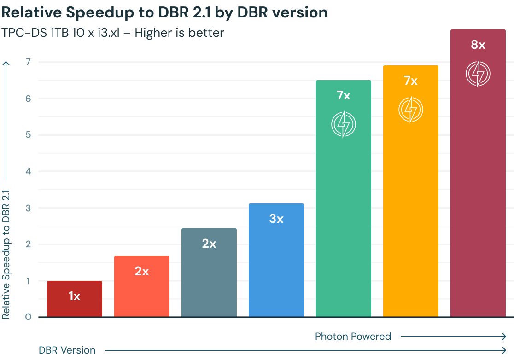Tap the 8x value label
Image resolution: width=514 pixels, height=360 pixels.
(478, 45)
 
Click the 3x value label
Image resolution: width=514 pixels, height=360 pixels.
(276, 219)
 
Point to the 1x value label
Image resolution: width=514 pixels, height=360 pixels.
(75, 296)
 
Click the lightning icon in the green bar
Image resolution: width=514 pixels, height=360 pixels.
(344, 124)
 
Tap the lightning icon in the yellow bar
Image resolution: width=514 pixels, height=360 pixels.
(411, 110)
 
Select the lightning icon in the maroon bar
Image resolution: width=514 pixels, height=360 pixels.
(478, 74)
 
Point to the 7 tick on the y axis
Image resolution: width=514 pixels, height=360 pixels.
(28, 62)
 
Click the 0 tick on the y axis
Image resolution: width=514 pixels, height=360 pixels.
(28, 317)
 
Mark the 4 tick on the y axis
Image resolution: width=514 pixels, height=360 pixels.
(28, 171)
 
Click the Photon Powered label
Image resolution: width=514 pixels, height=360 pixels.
(353, 337)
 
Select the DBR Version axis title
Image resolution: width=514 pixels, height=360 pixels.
(67, 350)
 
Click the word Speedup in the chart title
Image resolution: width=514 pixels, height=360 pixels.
(96, 12)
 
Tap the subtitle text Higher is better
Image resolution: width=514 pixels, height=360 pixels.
(187, 33)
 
